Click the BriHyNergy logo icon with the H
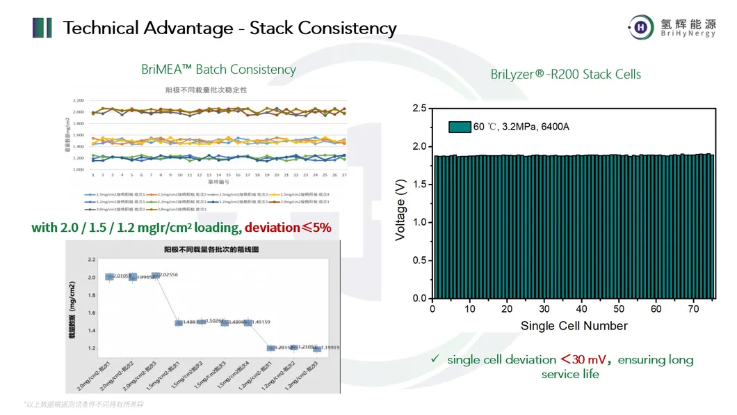pyautogui.click(x=638, y=27)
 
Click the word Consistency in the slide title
pyautogui.click(x=347, y=29)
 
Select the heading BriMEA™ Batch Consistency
pyautogui.click(x=218, y=70)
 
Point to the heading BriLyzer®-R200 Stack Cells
pyautogui.click(x=565, y=75)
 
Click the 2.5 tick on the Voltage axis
pyautogui.click(x=419, y=109)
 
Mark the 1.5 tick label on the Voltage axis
pyautogui.click(x=419, y=185)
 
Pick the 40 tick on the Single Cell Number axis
pyautogui.click(x=582, y=308)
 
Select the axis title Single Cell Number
pyautogui.click(x=574, y=326)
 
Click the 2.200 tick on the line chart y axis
pyautogui.click(x=79, y=101)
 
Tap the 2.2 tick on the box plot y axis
pyautogui.click(x=91, y=259)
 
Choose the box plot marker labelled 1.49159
pyautogui.click(x=248, y=322)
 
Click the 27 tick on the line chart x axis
pyautogui.click(x=343, y=175)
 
